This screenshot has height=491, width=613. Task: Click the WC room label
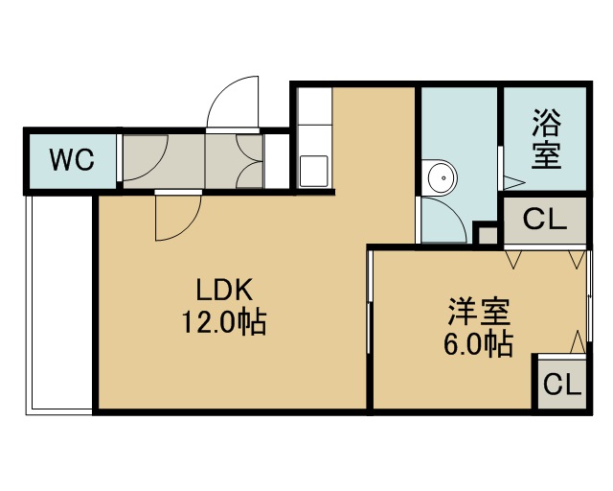point(72,159)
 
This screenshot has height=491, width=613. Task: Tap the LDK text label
point(224,290)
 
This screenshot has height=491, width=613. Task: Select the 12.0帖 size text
point(224,322)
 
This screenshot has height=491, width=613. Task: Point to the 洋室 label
point(479,312)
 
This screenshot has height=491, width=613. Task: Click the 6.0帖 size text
point(479,344)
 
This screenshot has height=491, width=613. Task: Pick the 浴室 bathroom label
point(547,139)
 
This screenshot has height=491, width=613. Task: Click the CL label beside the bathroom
point(545,220)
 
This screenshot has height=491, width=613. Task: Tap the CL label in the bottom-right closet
point(562,385)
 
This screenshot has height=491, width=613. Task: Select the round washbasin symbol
point(443,177)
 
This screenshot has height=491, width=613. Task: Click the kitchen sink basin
point(314,171)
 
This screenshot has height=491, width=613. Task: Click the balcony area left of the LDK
point(59,303)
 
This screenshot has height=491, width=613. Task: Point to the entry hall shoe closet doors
point(250,161)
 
